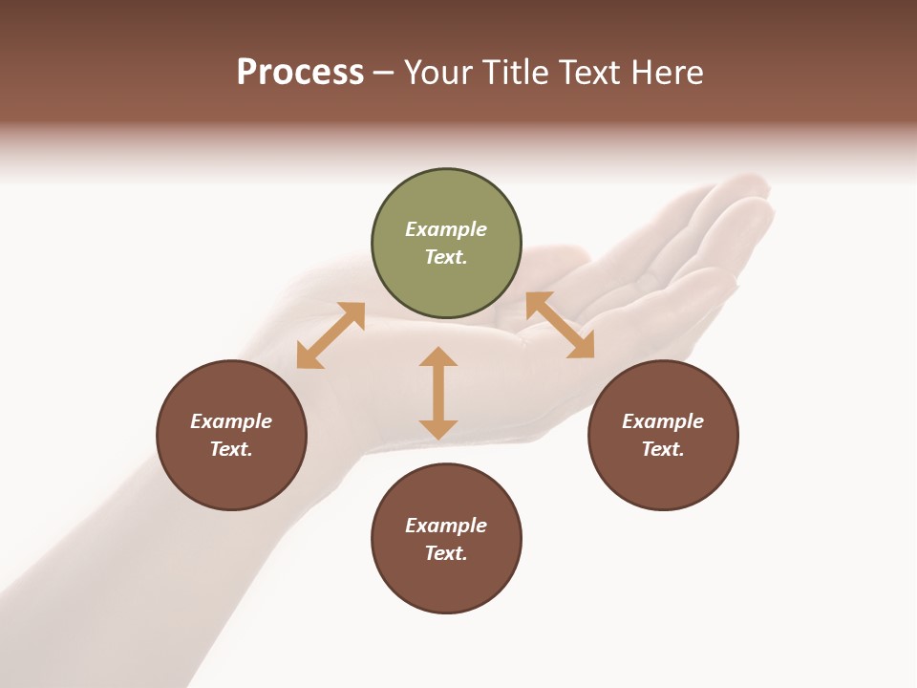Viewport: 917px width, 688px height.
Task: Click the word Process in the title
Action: pos(300,73)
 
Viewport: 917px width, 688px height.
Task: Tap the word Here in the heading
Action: pos(666,73)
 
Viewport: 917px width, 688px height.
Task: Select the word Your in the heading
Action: pos(437,73)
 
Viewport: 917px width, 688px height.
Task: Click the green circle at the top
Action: pos(446,244)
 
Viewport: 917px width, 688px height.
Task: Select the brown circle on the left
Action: pos(231,435)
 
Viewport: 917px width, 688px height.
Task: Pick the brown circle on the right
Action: pos(663,435)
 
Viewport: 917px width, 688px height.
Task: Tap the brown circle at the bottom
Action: pos(446,539)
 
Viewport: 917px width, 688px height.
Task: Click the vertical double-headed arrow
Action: pos(438,393)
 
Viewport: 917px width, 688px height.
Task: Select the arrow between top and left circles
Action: pos(331,335)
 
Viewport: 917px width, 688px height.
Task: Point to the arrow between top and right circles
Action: pos(560,325)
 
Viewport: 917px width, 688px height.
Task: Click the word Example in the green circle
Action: pos(446,229)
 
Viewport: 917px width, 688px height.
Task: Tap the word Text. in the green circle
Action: pos(446,257)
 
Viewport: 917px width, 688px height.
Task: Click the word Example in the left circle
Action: pos(231,421)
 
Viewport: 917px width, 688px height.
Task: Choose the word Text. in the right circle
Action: pos(663,449)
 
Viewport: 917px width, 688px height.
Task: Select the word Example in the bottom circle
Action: pos(446,526)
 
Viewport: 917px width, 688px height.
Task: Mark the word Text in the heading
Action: pos(588,73)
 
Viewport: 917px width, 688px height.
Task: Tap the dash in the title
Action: pos(384,73)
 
